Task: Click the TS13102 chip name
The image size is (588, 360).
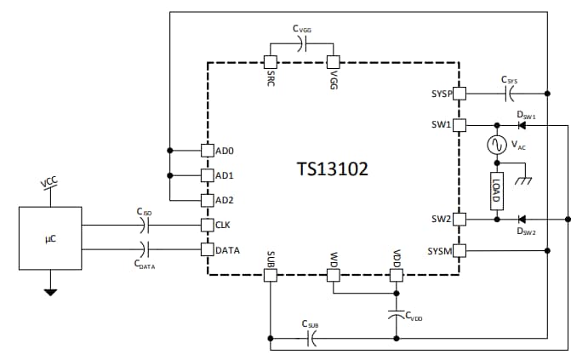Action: pyautogui.click(x=332, y=169)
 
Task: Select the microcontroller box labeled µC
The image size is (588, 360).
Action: pyautogui.click(x=50, y=239)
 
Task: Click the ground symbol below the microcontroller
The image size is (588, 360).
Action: pyautogui.click(x=50, y=292)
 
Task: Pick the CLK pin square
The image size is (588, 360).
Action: pyautogui.click(x=206, y=226)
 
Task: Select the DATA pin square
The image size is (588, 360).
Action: pyautogui.click(x=206, y=250)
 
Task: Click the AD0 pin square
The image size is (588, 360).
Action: pyautogui.click(x=206, y=151)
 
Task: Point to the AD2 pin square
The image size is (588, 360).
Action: pyautogui.click(x=206, y=201)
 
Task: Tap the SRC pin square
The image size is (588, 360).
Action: pyautogui.click(x=270, y=62)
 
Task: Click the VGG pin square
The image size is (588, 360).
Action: pyautogui.click(x=334, y=62)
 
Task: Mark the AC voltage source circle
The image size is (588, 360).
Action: pyautogui.click(x=494, y=146)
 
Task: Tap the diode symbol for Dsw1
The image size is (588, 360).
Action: pyautogui.click(x=522, y=125)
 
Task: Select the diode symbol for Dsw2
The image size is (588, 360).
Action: pyautogui.click(x=522, y=219)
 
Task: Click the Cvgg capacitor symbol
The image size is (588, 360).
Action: pyautogui.click(x=301, y=45)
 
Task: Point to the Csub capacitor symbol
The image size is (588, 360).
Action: pyautogui.click(x=311, y=339)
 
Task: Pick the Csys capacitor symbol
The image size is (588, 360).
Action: pyautogui.click(x=510, y=93)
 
